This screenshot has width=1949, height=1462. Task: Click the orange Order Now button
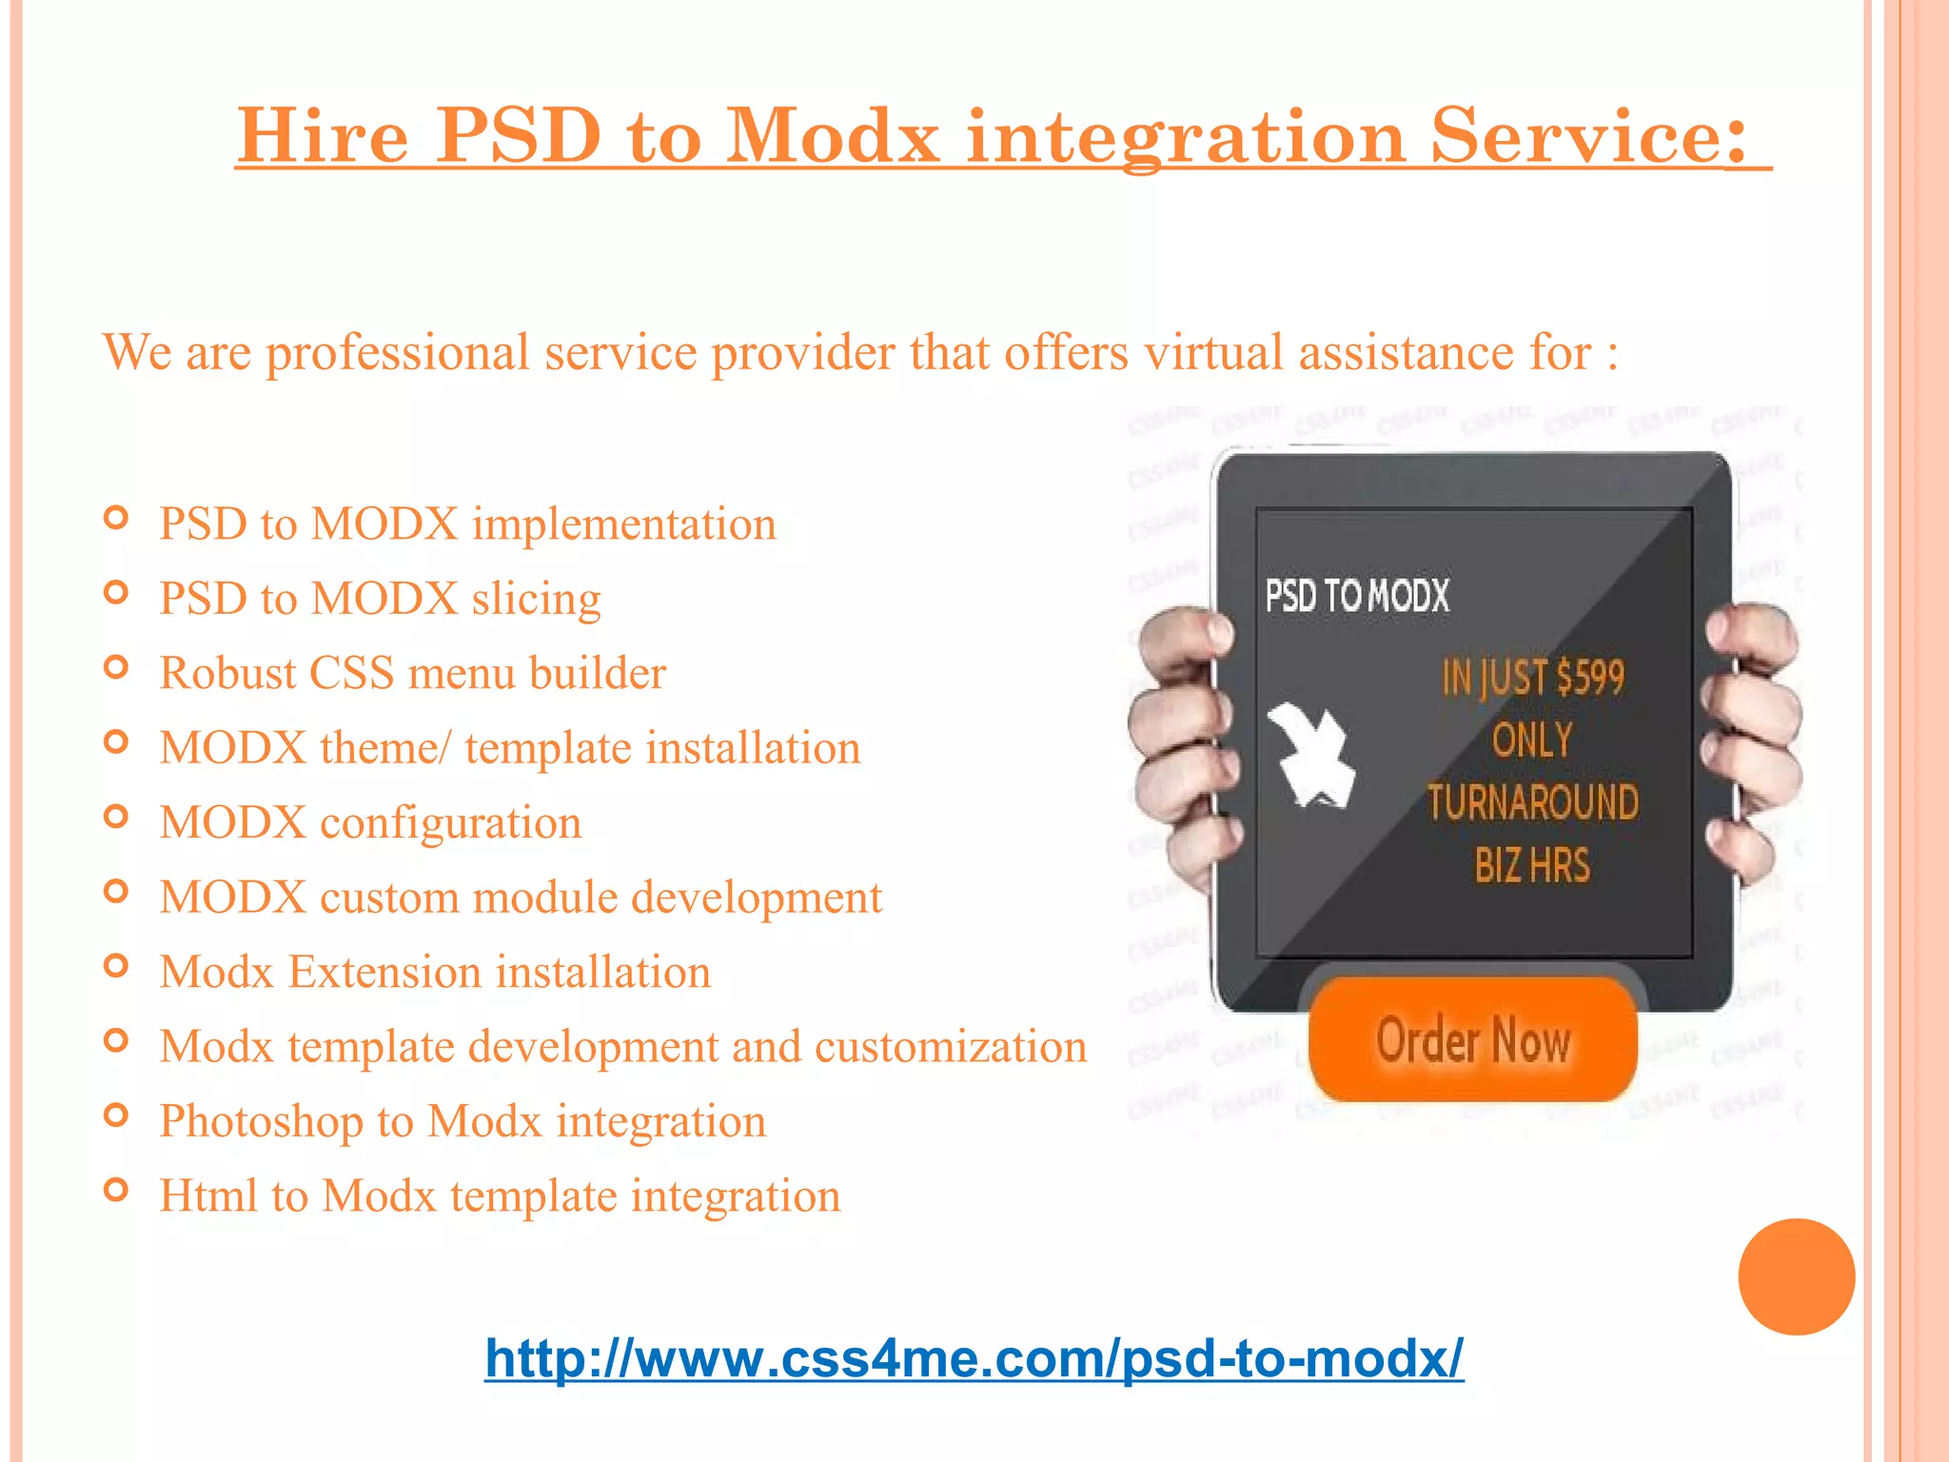[1472, 1039]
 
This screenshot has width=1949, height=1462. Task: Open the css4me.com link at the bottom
[974, 1358]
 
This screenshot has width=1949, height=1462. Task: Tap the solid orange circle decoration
[1796, 1276]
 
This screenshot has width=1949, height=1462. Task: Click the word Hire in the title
[323, 136]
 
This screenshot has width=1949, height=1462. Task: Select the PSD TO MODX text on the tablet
[1357, 597]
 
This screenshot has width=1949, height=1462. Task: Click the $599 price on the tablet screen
[1590, 678]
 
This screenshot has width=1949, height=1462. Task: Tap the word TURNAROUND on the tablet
[1532, 802]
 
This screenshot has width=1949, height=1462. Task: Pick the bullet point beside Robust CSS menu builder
[116, 667]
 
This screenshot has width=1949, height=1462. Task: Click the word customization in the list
[951, 1047]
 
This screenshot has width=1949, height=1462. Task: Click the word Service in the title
[1588, 136]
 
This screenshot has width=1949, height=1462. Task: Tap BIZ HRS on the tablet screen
[1532, 865]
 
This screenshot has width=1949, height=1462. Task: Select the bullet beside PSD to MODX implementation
[116, 519]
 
